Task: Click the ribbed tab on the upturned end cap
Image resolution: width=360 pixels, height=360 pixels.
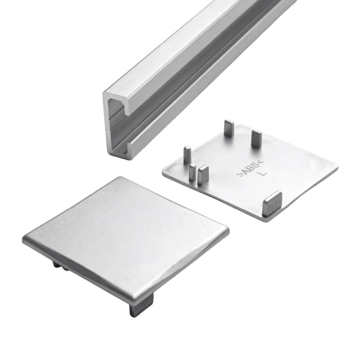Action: (272, 204)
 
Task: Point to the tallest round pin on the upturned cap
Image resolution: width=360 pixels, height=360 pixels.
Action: (187, 155)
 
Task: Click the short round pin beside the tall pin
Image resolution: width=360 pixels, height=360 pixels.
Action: (193, 172)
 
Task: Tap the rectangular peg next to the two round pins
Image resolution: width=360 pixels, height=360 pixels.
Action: (203, 175)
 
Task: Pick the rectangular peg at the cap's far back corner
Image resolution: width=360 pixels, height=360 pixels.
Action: (229, 128)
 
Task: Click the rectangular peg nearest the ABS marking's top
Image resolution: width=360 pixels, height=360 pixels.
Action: (256, 138)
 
